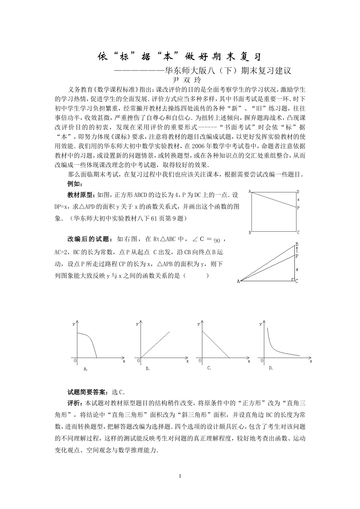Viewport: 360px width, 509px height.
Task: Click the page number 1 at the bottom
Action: click(180, 476)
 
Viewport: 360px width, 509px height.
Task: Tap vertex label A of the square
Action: click(250, 192)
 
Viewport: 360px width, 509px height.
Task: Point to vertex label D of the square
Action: click(298, 192)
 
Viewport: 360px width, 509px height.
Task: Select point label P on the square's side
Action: click(298, 208)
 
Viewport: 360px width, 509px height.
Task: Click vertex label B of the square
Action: click(250, 233)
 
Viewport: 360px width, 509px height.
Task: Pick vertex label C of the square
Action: click(298, 233)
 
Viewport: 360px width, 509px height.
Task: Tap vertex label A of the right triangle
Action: click(238, 281)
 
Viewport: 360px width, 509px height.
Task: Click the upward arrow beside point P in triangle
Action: click(297, 250)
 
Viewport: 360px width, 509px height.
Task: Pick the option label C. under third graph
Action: click(209, 368)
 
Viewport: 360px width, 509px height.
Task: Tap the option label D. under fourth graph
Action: click(271, 368)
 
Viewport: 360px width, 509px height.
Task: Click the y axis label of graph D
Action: click(260, 324)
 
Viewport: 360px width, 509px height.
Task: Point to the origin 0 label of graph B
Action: click(137, 360)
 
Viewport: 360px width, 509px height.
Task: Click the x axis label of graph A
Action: click(124, 361)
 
